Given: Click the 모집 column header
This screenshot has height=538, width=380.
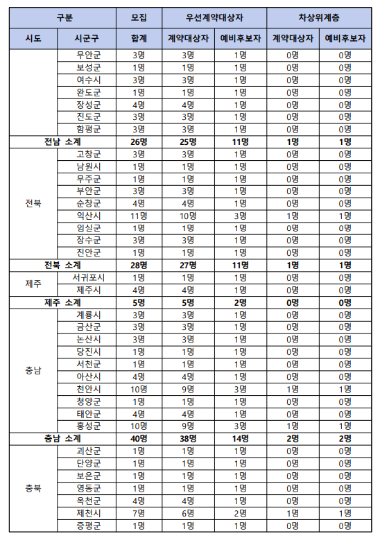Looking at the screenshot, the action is tap(138, 17).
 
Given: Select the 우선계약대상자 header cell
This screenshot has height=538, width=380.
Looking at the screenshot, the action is tap(214, 17).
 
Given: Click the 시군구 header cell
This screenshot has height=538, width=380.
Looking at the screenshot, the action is tap(88, 38).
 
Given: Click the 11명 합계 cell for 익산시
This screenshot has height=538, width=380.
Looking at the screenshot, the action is tap(138, 216).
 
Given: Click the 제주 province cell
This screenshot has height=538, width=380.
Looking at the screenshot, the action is tap(32, 284).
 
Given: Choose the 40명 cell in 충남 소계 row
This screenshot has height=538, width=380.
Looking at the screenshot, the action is tap(138, 438).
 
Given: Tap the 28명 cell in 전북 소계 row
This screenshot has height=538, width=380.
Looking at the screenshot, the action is tap(138, 265).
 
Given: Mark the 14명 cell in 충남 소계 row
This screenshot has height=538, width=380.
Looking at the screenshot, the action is tap(239, 438).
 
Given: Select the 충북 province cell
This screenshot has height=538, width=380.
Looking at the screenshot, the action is tap(32, 487).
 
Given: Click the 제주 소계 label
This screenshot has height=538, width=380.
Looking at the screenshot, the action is tap(62, 302).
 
